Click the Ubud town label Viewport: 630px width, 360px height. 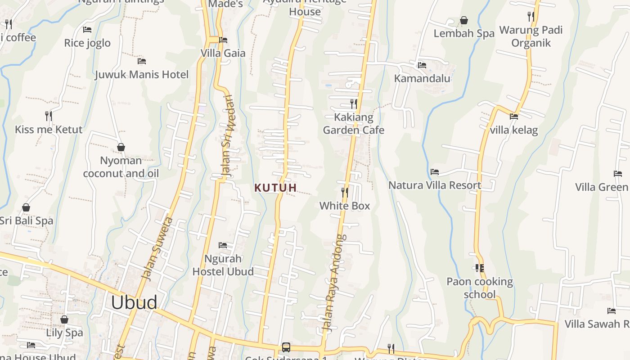pos(134,302)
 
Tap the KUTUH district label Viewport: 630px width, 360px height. pos(275,188)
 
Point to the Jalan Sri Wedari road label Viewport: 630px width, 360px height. pos(229,137)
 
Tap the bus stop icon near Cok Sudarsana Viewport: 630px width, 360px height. pos(286,347)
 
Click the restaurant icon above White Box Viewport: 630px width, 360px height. pos(345,193)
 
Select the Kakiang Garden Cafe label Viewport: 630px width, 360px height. pos(354,124)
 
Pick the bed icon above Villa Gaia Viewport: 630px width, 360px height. pos(223,40)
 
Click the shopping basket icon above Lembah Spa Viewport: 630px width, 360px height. pos(464,21)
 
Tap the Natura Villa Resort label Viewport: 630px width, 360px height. pos(435,185)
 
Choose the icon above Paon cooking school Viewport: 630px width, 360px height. pos(479,268)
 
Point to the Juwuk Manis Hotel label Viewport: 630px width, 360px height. pos(142,74)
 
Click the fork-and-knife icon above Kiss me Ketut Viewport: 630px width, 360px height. pos(49,116)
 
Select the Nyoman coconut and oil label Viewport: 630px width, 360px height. pos(121,167)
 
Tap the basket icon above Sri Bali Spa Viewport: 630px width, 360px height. pos(26,207)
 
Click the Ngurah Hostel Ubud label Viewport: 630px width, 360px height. pos(223,265)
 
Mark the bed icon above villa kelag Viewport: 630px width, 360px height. pos(514,117)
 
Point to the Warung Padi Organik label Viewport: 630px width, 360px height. pos(531,36)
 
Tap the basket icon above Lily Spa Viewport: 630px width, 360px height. pos(64,319)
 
